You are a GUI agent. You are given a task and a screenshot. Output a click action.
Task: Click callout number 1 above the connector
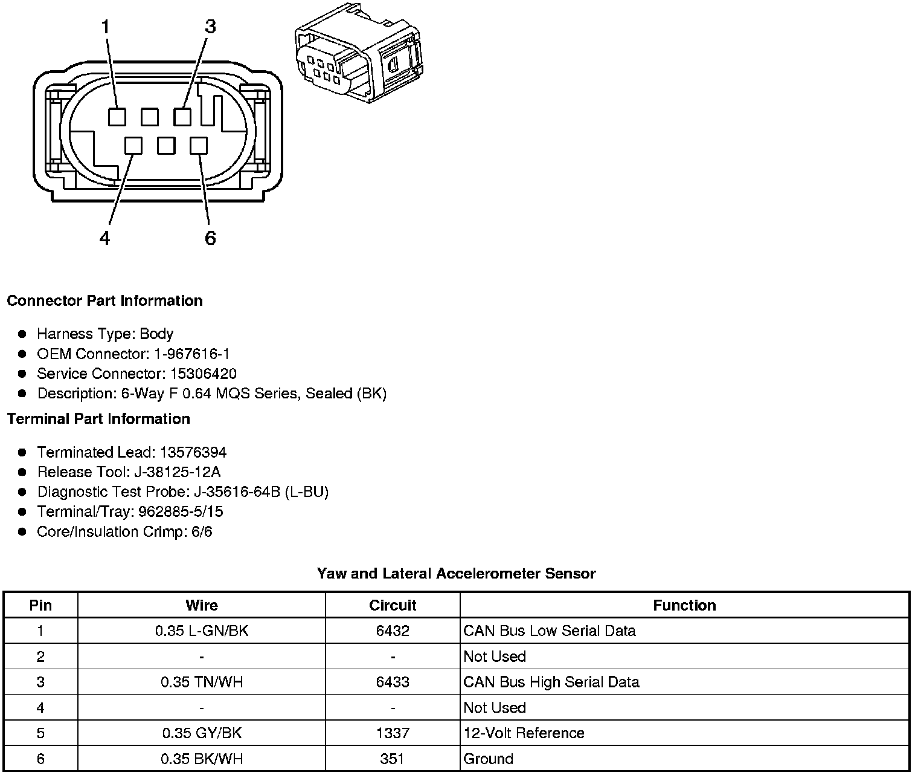[x=106, y=27]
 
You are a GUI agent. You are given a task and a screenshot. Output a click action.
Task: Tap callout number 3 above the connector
[x=210, y=27]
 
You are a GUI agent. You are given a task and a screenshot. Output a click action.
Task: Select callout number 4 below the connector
[x=105, y=239]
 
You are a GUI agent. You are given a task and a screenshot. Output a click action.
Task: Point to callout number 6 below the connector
[x=210, y=239]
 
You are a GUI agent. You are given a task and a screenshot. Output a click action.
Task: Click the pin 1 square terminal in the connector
[x=117, y=117]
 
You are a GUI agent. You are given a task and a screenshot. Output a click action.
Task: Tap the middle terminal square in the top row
[x=150, y=117]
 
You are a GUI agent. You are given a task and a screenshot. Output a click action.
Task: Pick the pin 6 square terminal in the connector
[x=199, y=146]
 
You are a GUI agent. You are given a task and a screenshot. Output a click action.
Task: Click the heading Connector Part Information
[x=105, y=301]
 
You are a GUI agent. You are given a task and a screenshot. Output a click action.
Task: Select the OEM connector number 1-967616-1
[x=191, y=354]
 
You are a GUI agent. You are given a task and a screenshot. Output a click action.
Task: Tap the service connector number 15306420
[x=204, y=374]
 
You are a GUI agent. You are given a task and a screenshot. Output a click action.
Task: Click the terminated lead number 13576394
[x=193, y=452]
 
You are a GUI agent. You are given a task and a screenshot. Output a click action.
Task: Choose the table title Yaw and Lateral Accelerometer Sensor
[x=456, y=574]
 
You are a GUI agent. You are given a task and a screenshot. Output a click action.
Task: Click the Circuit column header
[x=393, y=605]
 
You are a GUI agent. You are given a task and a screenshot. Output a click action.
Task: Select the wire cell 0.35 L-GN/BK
[x=202, y=631]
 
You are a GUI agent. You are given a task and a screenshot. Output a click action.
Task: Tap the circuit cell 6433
[x=393, y=682]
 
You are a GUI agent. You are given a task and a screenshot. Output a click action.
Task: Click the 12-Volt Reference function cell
[x=524, y=733]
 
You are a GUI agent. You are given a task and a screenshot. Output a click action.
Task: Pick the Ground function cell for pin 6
[x=488, y=759]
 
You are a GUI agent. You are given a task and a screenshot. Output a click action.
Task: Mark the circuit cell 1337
[x=393, y=733]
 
